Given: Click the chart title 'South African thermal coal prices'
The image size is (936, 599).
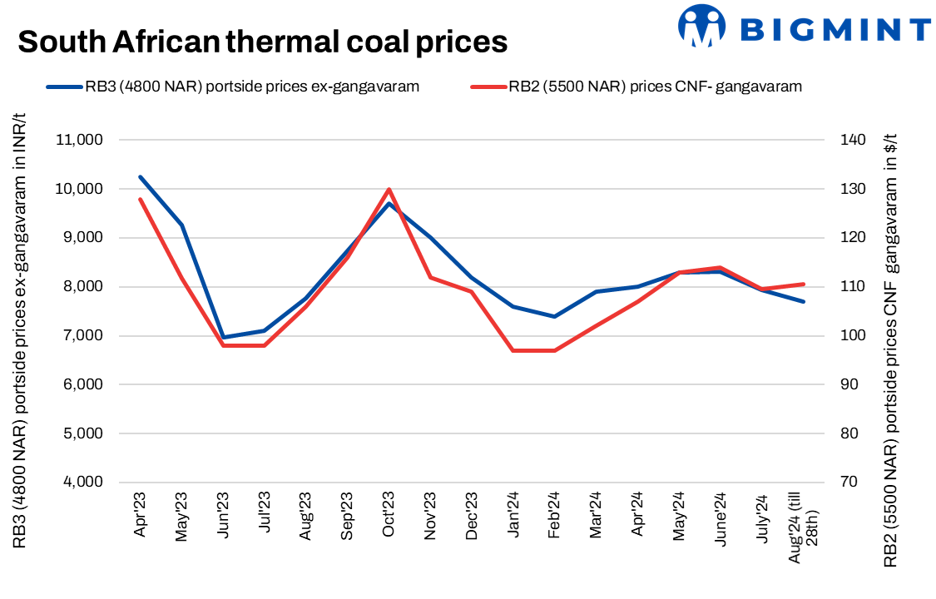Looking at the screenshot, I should tap(263, 41).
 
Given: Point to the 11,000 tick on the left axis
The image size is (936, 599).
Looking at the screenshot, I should tap(78, 140).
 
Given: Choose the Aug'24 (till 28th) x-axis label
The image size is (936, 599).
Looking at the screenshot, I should tap(800, 527).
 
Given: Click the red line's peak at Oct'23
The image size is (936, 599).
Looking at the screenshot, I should tap(389, 190).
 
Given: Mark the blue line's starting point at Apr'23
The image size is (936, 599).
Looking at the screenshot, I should tap(141, 177).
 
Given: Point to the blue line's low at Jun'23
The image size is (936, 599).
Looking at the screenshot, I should tap(223, 338).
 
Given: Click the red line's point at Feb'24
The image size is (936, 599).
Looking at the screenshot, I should tap(555, 350).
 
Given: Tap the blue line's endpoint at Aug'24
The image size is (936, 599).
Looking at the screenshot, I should tap(803, 301).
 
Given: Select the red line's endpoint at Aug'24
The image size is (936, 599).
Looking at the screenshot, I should tap(803, 285).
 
